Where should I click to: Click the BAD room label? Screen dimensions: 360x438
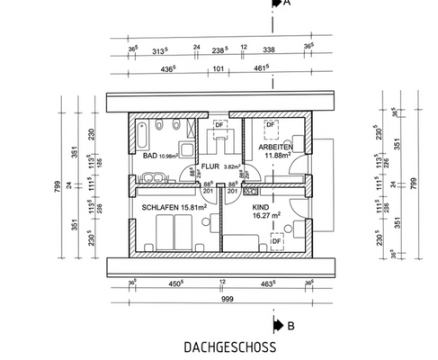pos(151,157)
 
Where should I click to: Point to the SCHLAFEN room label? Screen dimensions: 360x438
pos(161,207)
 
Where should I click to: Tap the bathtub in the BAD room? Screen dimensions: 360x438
pos(143,138)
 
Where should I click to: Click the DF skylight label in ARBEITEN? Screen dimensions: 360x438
pos(270,124)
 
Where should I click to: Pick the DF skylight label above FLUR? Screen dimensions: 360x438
pos(219,123)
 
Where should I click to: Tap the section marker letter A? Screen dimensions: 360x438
pos(288,4)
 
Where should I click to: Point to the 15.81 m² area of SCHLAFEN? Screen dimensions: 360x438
pos(195,207)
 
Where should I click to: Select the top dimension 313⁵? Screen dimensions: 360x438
pos(162,51)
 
